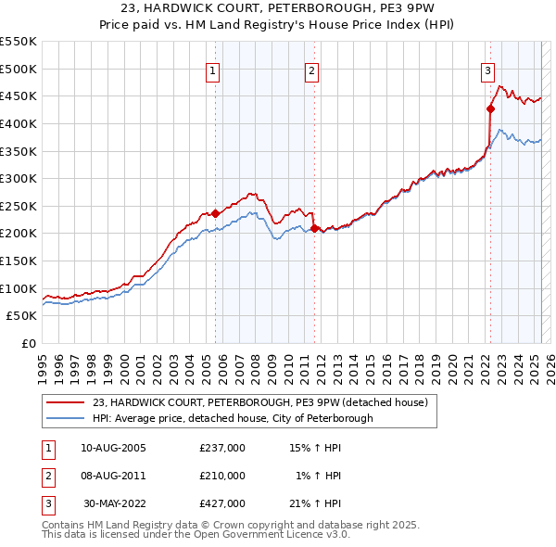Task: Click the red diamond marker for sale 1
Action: (215, 213)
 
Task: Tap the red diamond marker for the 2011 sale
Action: (313, 228)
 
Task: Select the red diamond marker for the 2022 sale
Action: (490, 108)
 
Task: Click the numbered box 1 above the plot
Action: (213, 70)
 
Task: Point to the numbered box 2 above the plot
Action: (312, 70)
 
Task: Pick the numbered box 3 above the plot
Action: (487, 70)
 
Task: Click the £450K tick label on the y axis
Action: (18, 95)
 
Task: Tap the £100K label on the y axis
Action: (18, 288)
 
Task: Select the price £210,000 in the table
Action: (222, 477)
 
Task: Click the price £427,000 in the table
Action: (222, 503)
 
